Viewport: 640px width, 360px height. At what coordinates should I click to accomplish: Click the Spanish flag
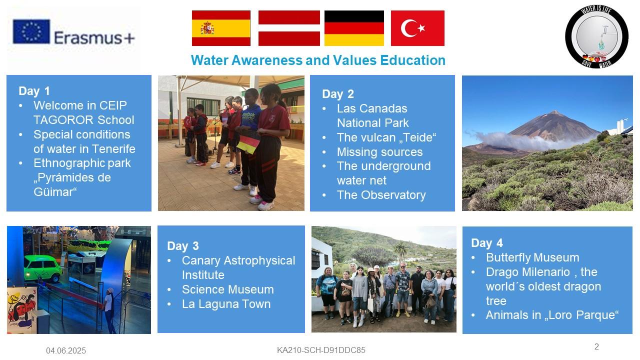(x=221, y=28)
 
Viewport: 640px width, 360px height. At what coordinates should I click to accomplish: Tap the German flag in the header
(x=354, y=28)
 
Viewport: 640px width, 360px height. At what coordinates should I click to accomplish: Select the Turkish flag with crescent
(x=417, y=28)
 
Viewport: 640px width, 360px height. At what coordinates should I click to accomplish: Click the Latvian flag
(x=289, y=28)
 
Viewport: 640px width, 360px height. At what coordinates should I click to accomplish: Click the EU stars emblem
(x=31, y=31)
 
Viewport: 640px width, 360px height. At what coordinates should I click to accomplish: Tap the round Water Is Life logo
(x=597, y=36)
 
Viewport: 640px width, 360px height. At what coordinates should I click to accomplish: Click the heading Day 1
(x=34, y=91)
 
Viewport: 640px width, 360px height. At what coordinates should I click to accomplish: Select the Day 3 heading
(x=183, y=246)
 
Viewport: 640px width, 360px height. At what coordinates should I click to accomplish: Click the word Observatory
(x=393, y=195)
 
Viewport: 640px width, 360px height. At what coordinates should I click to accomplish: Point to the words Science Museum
(x=227, y=289)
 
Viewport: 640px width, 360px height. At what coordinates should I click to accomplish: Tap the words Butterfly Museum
(x=532, y=257)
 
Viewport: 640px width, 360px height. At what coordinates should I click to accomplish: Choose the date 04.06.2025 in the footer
(x=66, y=350)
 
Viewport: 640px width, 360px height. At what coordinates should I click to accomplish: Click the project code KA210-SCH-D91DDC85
(x=321, y=350)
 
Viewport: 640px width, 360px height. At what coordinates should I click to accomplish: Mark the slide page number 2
(x=596, y=346)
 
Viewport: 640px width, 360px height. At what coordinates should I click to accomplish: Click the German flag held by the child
(x=248, y=143)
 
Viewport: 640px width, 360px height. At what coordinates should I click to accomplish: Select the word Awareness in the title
(x=266, y=60)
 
